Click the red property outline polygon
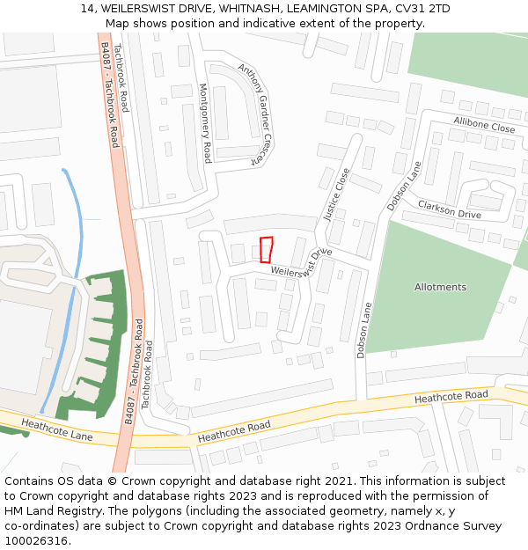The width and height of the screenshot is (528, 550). pyautogui.click(x=266, y=249)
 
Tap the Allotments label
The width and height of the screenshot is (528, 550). pyautogui.click(x=440, y=287)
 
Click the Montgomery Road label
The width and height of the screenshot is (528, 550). pyautogui.click(x=205, y=123)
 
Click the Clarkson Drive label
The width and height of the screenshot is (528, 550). pyautogui.click(x=449, y=209)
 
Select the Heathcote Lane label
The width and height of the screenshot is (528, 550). pyautogui.click(x=57, y=429)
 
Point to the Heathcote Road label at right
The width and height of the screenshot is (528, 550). pyautogui.click(x=451, y=397)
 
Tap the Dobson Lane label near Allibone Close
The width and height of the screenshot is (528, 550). pyautogui.click(x=404, y=186)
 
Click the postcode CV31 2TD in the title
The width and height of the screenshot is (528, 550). pyautogui.click(x=420, y=9)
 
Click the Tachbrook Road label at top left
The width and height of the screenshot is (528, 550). pyautogui.click(x=121, y=79)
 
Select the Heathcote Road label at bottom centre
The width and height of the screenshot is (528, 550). pyautogui.click(x=234, y=432)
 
